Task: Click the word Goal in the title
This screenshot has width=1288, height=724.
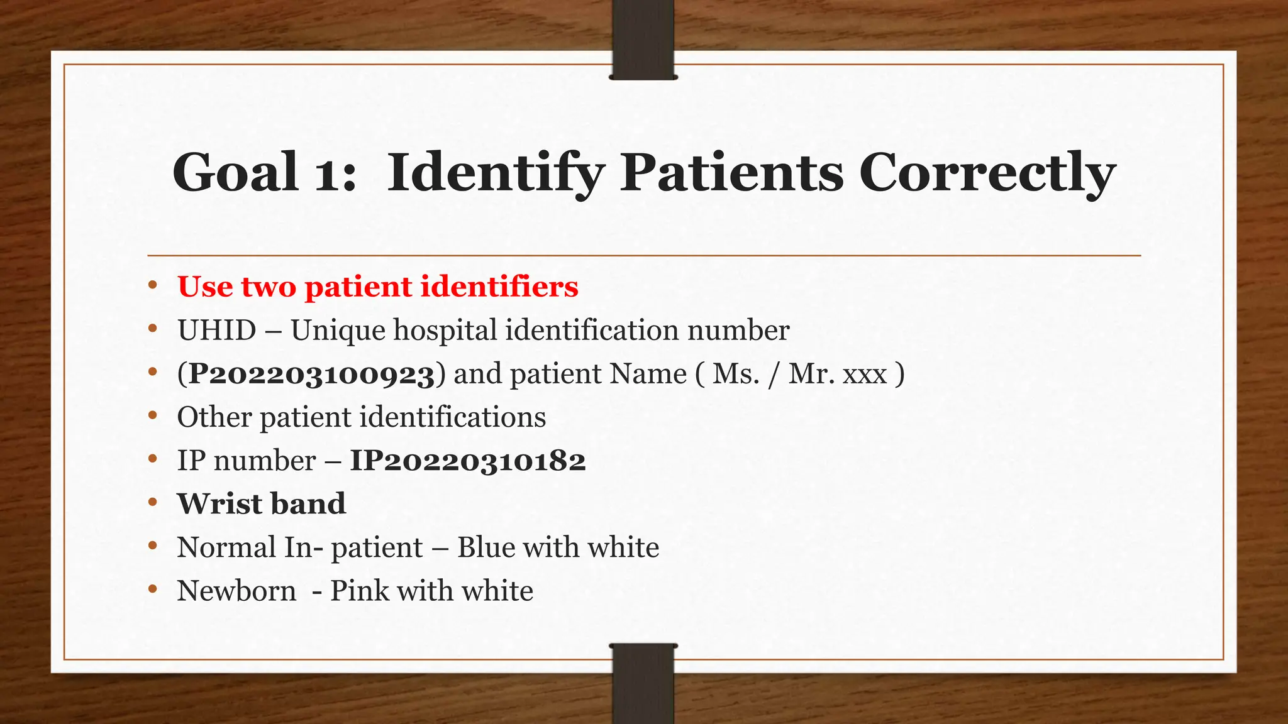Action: (x=235, y=172)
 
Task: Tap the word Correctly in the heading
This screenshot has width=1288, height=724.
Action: (x=987, y=173)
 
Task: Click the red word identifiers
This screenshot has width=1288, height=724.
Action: (x=499, y=287)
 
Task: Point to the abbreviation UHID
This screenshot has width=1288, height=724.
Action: (x=216, y=331)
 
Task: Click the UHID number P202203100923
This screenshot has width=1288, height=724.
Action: (x=312, y=375)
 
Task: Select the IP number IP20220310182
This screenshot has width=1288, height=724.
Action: (x=468, y=461)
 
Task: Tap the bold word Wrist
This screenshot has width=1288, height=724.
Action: (x=219, y=504)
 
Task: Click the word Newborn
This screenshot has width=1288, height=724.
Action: (x=236, y=591)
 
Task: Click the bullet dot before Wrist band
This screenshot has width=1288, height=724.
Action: (x=152, y=503)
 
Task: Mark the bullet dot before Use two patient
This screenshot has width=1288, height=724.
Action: (x=152, y=286)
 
